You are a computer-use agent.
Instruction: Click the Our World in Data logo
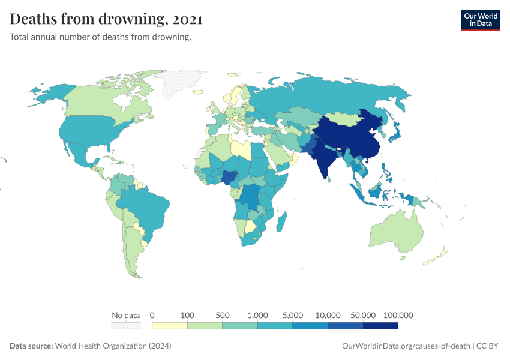[x=480, y=20]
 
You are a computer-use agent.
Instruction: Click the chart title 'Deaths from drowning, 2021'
[x=106, y=19]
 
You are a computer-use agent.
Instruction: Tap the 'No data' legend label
[x=126, y=315]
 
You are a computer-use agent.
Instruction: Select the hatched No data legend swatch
[x=126, y=326]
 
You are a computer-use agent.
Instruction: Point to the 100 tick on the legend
[x=188, y=315]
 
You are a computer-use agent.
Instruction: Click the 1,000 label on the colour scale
[x=257, y=315]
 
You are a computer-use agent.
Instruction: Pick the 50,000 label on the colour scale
[x=363, y=315]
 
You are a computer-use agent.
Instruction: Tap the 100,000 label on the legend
[x=398, y=315]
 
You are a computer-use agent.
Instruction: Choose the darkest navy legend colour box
[x=380, y=326]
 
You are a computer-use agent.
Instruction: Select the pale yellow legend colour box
[x=170, y=326]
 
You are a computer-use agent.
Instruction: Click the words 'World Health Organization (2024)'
[x=113, y=346]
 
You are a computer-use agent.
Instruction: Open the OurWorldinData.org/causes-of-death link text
[x=406, y=346]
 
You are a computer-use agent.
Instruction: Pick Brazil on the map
[x=147, y=207]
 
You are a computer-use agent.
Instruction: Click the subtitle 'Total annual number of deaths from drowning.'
[x=101, y=37]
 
